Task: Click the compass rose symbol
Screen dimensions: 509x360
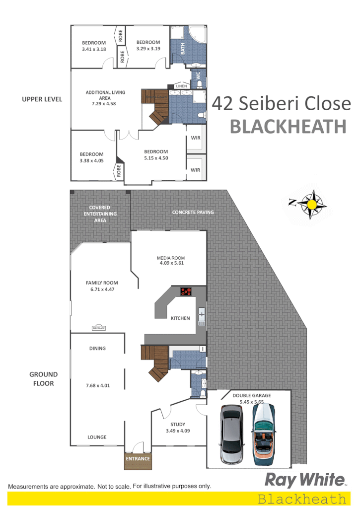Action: click(x=312, y=204)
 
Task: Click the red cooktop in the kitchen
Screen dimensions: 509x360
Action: click(x=186, y=292)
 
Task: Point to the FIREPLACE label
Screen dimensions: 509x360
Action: click(x=98, y=328)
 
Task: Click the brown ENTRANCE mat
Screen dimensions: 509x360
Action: click(x=138, y=459)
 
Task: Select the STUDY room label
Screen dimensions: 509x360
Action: click(x=177, y=425)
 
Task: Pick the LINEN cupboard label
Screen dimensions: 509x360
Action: click(x=182, y=86)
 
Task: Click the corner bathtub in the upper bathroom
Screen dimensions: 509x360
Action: click(x=197, y=35)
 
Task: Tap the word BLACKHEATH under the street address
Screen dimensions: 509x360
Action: click(x=288, y=127)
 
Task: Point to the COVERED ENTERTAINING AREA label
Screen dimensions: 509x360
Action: click(x=100, y=214)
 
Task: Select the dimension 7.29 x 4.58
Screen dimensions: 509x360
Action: click(x=105, y=104)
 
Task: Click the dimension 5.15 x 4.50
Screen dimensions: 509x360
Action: click(x=156, y=158)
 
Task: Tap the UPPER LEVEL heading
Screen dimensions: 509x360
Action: click(x=42, y=99)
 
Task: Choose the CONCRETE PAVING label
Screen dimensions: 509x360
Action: click(x=193, y=212)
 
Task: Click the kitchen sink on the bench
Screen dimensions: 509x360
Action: click(x=202, y=314)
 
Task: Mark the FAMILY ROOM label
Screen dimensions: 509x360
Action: click(x=102, y=283)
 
